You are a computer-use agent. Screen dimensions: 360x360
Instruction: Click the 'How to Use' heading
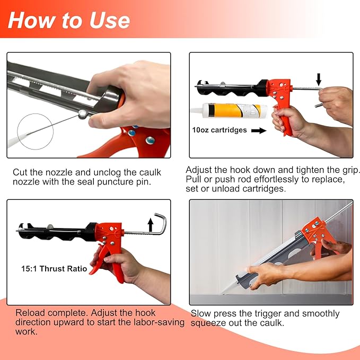click(69, 20)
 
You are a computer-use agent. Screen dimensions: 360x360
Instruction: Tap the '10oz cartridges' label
click(219, 129)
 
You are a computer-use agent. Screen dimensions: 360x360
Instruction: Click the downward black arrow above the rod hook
click(318, 80)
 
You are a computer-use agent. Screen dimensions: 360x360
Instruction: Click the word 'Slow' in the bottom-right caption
click(201, 314)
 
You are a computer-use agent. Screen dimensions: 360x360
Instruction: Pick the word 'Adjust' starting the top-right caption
click(199, 170)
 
